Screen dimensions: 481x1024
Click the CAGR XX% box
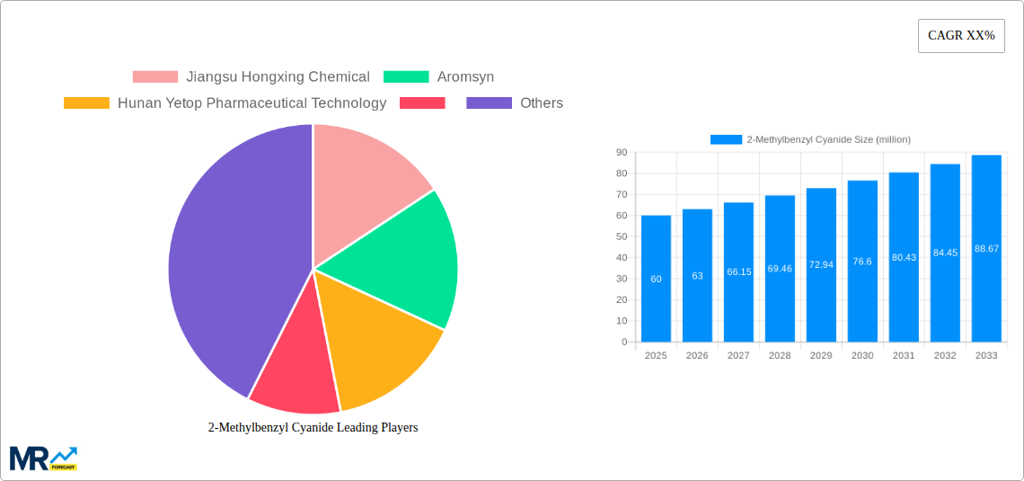[x=961, y=36]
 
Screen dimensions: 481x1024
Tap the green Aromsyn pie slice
[x=404, y=261]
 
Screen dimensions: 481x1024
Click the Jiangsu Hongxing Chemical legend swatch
[x=155, y=77]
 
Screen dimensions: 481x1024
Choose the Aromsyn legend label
[x=465, y=77]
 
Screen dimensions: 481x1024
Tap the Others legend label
[x=542, y=103]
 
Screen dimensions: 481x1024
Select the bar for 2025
[x=656, y=279]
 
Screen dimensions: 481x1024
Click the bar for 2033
[x=986, y=248]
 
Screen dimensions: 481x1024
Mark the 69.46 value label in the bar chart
[x=780, y=269]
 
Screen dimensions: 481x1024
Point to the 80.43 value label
[x=904, y=258]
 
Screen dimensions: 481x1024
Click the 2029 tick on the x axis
[x=821, y=356]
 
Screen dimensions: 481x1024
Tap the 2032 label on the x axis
[x=945, y=356]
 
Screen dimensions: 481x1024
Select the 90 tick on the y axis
[x=621, y=153]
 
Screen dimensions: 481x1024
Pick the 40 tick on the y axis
[x=621, y=258]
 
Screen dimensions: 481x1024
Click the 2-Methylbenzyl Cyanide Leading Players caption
[x=313, y=428]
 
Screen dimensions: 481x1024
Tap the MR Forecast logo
[x=43, y=458]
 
